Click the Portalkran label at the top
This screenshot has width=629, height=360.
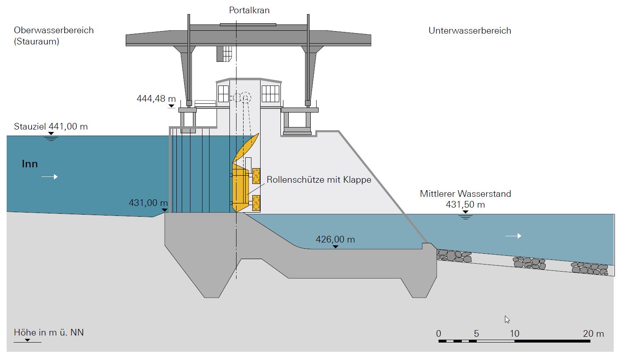tap(249, 10)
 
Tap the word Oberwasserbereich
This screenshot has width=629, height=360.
tap(54, 30)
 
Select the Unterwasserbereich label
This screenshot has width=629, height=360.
tap(470, 31)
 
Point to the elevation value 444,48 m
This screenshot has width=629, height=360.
tap(156, 99)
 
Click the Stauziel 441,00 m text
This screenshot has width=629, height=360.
tap(51, 127)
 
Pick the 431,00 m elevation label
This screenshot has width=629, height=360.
tap(148, 203)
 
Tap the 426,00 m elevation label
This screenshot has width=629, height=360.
tap(335, 240)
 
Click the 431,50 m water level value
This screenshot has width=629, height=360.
tap(465, 205)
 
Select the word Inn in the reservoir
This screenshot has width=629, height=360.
tap(30, 164)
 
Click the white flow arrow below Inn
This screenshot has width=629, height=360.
tap(49, 177)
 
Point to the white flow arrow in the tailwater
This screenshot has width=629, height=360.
tap(513, 236)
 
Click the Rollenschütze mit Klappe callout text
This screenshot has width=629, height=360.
tap(319, 180)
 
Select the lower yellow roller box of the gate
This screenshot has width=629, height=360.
tap(256, 203)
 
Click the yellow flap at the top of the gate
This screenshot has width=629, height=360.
tap(246, 147)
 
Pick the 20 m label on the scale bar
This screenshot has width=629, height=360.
tap(593, 334)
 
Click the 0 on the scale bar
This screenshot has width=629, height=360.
tap(439, 334)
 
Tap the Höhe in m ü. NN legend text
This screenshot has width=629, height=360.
tap(49, 333)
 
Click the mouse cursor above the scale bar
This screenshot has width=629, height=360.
tap(507, 319)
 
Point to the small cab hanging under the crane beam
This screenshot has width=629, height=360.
tap(224, 54)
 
